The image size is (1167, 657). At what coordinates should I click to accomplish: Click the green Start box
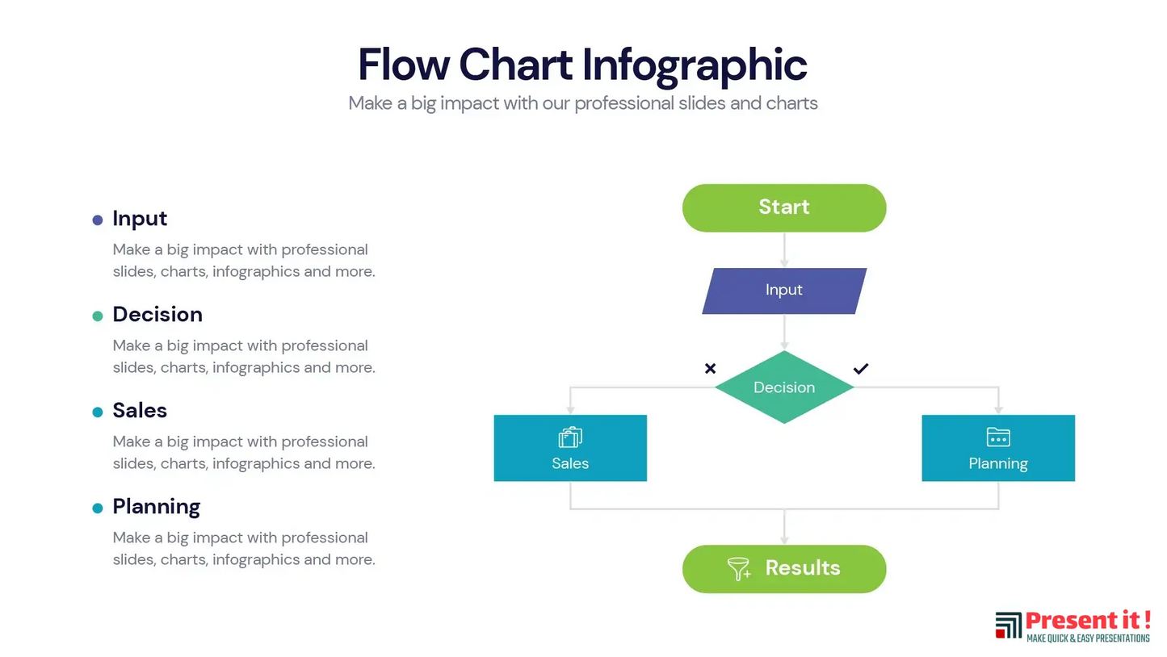click(x=783, y=207)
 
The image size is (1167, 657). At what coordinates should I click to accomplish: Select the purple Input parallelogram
click(x=783, y=291)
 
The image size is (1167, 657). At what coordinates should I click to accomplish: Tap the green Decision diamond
click(x=783, y=387)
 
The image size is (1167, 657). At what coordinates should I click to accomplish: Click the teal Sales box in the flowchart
click(x=570, y=448)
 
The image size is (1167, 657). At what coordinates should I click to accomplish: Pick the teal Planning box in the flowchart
click(x=997, y=448)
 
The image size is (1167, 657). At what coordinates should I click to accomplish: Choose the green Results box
click(x=783, y=568)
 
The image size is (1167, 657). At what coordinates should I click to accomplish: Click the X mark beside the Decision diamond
click(x=710, y=369)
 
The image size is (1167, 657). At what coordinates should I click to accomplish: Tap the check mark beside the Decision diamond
click(x=861, y=369)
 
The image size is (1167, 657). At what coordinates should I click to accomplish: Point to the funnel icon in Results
click(x=739, y=568)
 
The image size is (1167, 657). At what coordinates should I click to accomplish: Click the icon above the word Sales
click(x=570, y=437)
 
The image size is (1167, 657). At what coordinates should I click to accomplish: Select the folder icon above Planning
click(x=998, y=437)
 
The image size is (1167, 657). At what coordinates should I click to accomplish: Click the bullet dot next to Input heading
click(x=98, y=220)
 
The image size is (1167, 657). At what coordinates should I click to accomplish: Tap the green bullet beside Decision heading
click(x=98, y=316)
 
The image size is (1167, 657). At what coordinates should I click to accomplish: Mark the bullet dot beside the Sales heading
click(x=98, y=412)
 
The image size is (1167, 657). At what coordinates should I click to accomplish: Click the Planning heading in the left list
click(x=156, y=507)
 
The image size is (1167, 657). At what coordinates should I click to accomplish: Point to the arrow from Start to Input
click(x=783, y=250)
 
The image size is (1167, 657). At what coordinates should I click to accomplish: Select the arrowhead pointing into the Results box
click(x=783, y=539)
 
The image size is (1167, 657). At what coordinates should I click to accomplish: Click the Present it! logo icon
click(x=1008, y=626)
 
